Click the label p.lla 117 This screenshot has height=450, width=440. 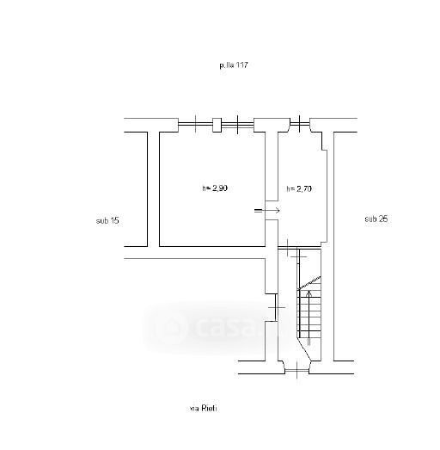coord(234,65)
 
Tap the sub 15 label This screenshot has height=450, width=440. coord(107,220)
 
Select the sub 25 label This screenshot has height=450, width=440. coord(376,219)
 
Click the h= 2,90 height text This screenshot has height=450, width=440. coord(215,188)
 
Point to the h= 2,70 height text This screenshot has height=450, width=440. coord(299,188)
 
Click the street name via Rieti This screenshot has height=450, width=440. coord(204,408)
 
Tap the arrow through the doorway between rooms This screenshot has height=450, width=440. coord(267,210)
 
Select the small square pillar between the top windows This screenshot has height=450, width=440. coord(217,125)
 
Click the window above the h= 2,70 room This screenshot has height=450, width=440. coord(300,124)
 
